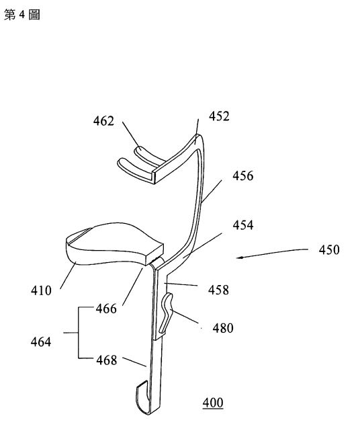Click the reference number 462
[x=103, y=121]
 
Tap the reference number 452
[x=219, y=116]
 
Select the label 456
[x=242, y=175]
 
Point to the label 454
[x=243, y=225]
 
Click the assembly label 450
[x=329, y=250]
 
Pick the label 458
[x=218, y=290]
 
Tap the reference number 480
[x=223, y=328]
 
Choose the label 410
[x=41, y=290]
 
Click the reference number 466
[x=106, y=309]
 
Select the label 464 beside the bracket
[x=41, y=341]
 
